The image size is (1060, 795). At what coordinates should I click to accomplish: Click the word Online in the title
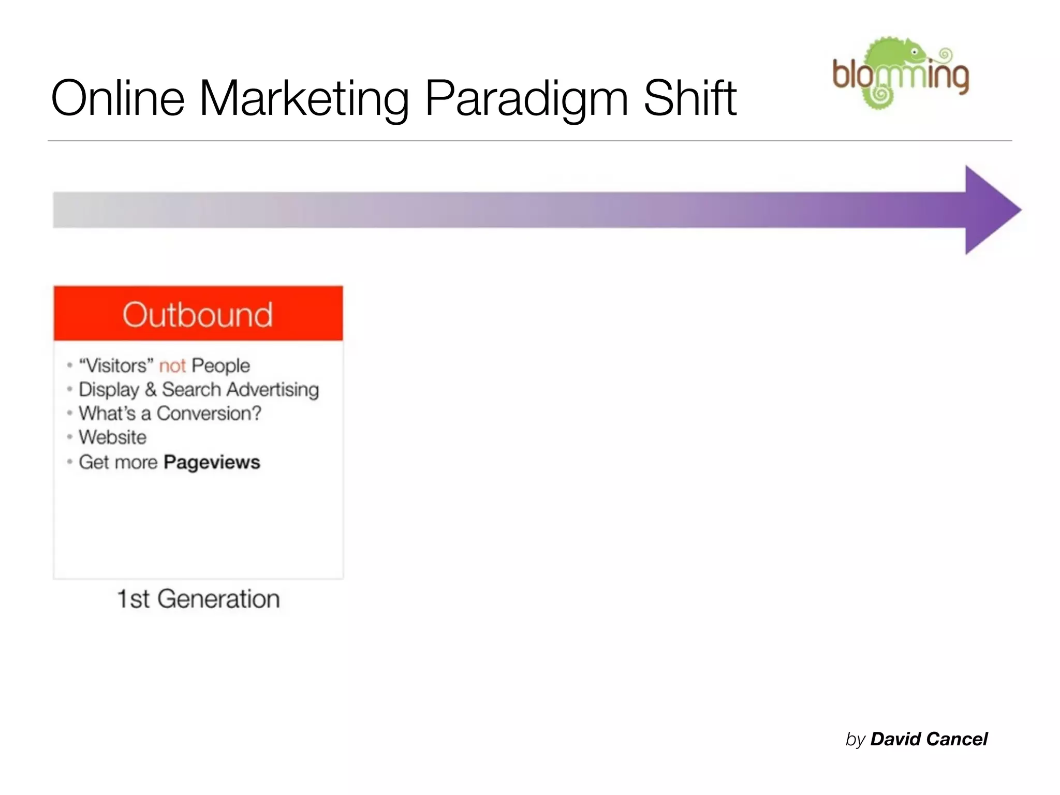point(117,98)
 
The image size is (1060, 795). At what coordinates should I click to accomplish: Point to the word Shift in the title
point(689,98)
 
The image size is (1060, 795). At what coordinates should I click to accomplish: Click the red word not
point(172,366)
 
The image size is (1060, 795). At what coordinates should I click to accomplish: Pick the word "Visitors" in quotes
point(116,365)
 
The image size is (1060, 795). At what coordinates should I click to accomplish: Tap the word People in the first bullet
point(220,366)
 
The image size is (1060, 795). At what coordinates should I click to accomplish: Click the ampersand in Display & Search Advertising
point(151,389)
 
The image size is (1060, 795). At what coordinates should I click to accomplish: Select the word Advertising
point(272,390)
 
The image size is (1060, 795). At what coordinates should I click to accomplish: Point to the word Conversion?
point(209,414)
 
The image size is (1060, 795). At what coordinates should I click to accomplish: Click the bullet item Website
point(112,437)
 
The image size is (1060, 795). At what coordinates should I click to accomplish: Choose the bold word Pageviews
point(212,462)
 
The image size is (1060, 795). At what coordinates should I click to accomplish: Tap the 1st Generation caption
point(198,599)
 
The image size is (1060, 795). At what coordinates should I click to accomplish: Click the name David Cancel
point(929,739)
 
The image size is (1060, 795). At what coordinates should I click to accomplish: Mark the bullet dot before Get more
point(69,462)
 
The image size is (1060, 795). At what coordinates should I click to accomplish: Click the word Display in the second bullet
point(109,390)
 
